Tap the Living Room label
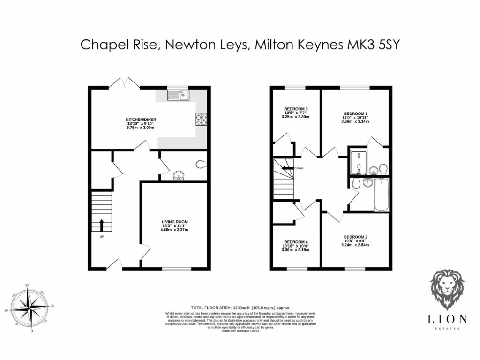point(174,222)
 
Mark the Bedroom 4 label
point(295,242)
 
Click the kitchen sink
point(178,96)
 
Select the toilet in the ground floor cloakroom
point(201,164)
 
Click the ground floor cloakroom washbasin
point(179,176)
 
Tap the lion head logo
point(447,289)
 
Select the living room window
point(177,269)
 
